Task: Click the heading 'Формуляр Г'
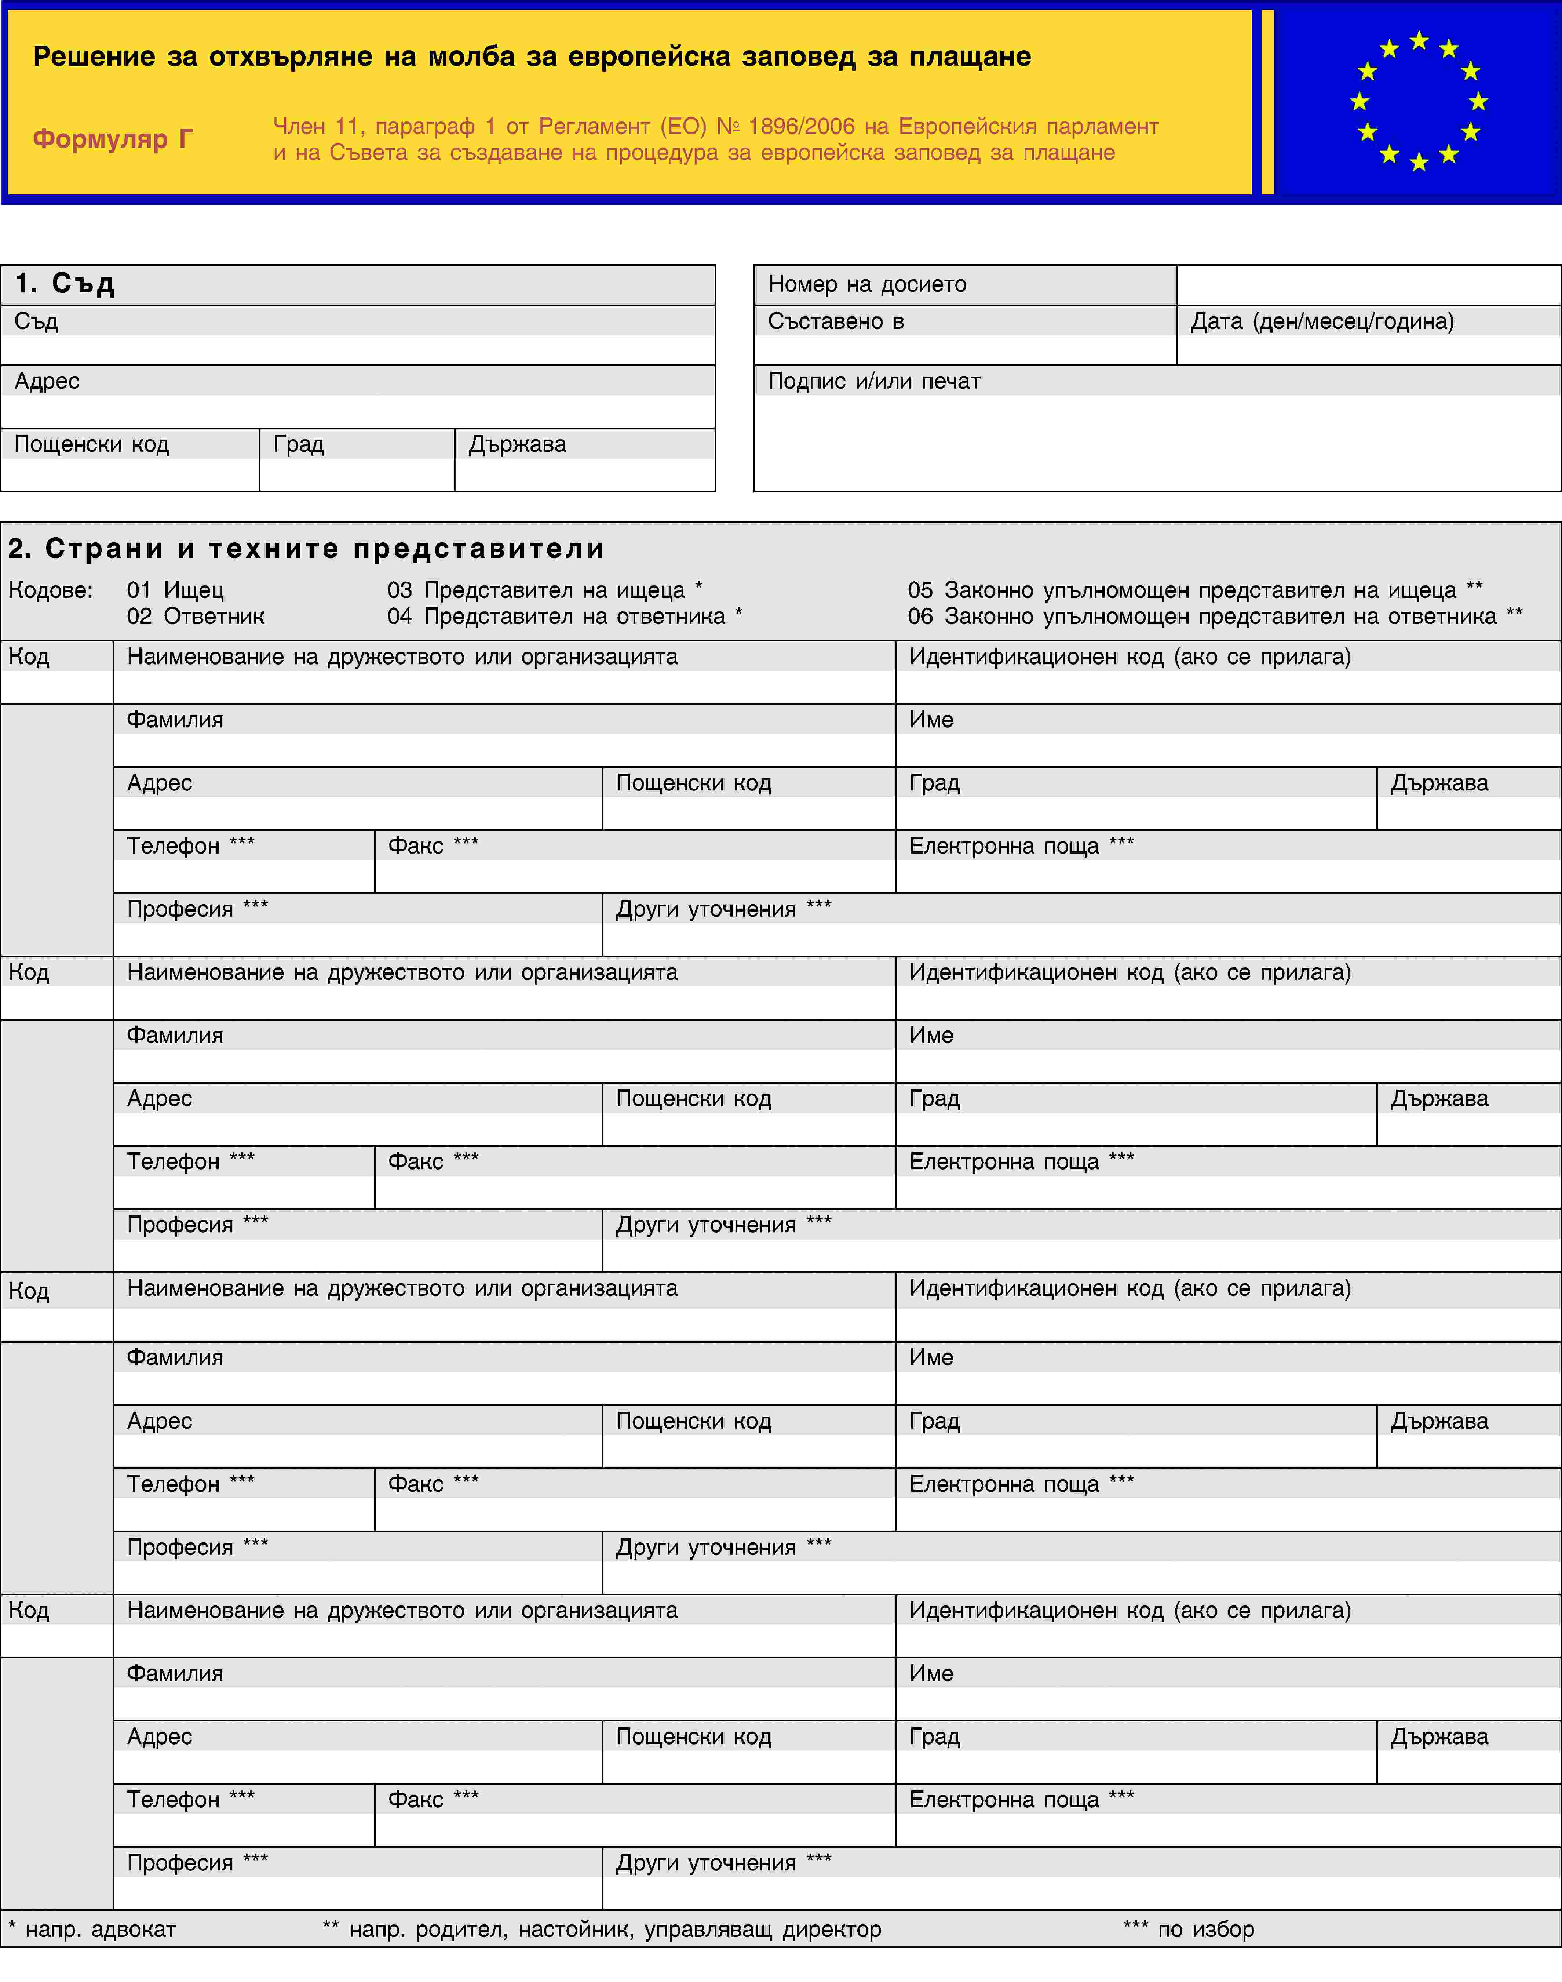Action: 113,139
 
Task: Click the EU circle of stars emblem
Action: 1419,102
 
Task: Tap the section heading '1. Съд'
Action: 65,284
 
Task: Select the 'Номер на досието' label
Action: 867,284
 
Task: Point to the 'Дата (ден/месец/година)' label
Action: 1321,321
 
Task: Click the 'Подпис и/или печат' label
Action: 873,381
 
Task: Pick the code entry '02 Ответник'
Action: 196,617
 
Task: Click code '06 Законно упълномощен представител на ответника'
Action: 1215,617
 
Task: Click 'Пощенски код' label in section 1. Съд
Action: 91,444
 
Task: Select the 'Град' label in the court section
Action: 298,444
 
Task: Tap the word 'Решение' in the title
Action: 94,57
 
